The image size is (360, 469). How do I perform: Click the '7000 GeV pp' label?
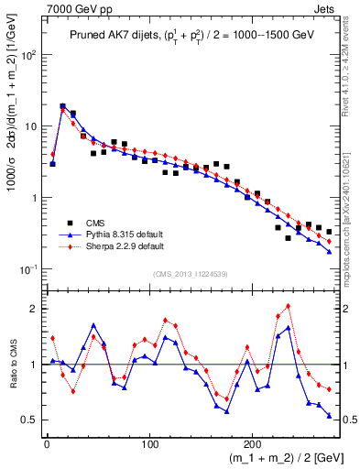(74, 8)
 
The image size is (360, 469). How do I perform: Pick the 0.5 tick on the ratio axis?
(29, 420)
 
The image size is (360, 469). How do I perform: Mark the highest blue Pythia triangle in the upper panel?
(63, 106)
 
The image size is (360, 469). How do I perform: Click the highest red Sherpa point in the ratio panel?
(289, 306)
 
